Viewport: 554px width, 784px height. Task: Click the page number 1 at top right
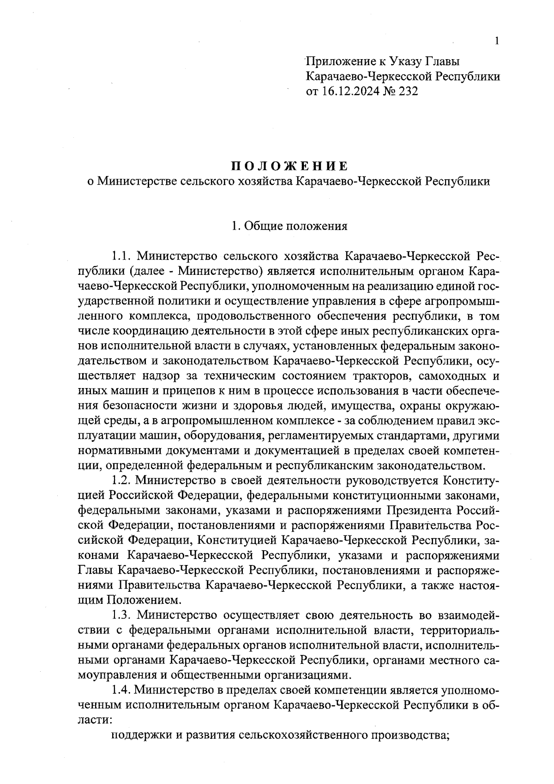[x=497, y=42]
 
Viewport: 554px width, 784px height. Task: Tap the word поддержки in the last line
[x=139, y=735]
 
